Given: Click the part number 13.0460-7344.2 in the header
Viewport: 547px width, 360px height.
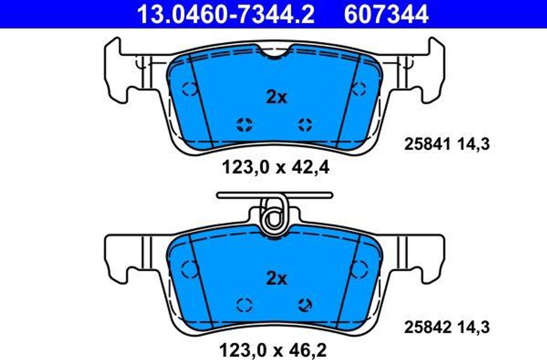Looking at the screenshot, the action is [x=226, y=14].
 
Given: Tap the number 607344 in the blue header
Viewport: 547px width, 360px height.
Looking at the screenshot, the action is [x=386, y=14].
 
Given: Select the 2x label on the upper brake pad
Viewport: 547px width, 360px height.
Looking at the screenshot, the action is [x=276, y=97].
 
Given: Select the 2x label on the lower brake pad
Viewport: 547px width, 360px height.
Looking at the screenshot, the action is [x=276, y=278].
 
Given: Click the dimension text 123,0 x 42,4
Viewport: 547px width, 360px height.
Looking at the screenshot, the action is [x=276, y=168].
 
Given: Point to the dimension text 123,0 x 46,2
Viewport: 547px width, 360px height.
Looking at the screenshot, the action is [x=273, y=349].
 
